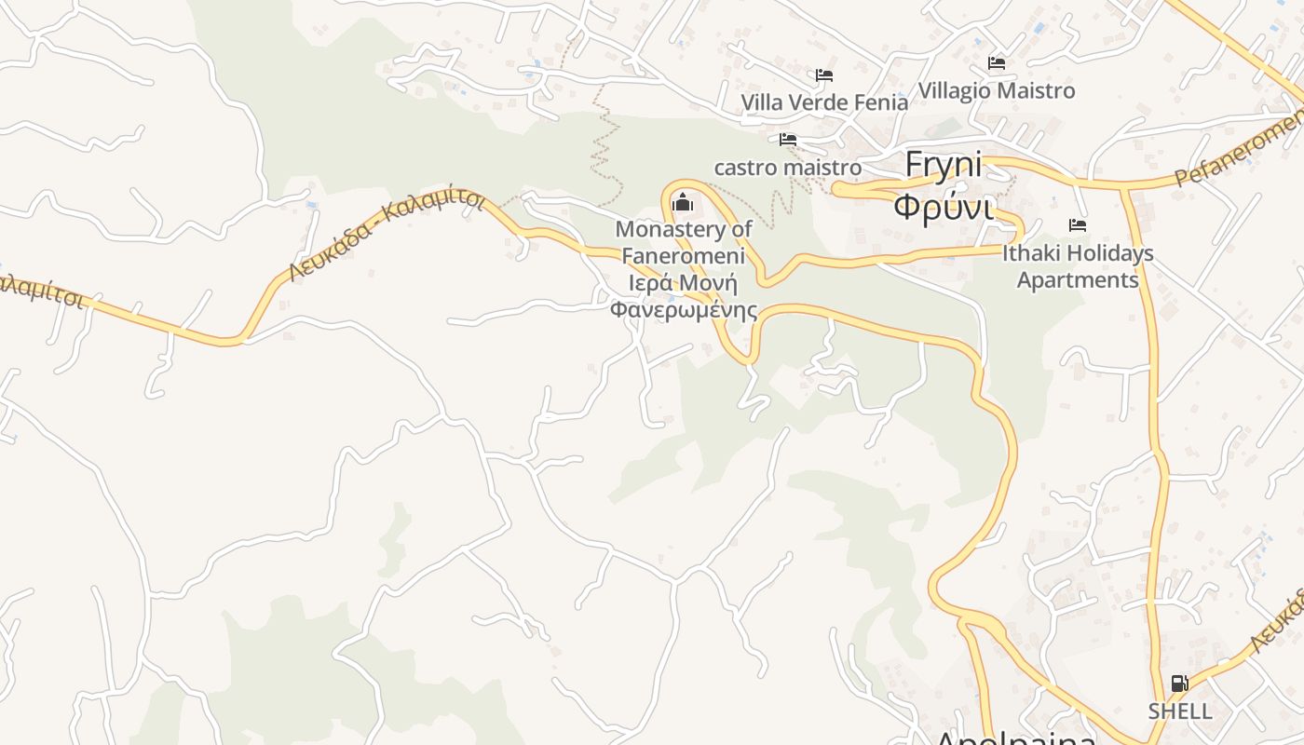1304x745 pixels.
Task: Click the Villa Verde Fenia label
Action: (x=823, y=102)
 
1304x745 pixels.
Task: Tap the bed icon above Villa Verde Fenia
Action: (x=823, y=75)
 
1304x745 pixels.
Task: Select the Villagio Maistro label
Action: (x=997, y=90)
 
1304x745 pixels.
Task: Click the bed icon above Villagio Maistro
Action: (x=997, y=63)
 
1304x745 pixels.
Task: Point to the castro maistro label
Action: (x=787, y=168)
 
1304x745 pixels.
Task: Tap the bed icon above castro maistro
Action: (x=788, y=140)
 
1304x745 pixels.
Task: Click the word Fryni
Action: (x=944, y=165)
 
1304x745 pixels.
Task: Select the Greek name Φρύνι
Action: (x=943, y=206)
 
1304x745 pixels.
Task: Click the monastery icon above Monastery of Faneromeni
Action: (x=683, y=200)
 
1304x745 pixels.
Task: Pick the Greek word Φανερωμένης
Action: (x=683, y=309)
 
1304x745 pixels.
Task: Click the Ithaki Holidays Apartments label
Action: (x=1078, y=266)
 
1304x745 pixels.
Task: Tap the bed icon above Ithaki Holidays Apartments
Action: (x=1078, y=225)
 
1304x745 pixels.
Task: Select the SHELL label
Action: (x=1179, y=711)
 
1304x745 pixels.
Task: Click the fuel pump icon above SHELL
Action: (x=1179, y=684)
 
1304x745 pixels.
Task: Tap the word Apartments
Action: (x=1078, y=280)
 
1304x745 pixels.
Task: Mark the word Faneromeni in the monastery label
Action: (x=683, y=255)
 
